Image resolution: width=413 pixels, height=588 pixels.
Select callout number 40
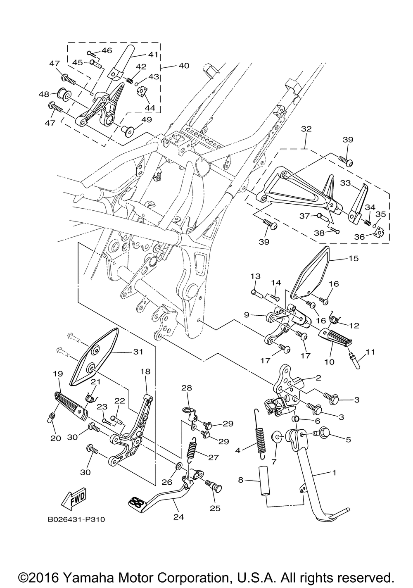tap(184, 65)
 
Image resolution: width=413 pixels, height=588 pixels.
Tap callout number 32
tap(306, 129)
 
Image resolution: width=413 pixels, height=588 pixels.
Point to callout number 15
tap(353, 258)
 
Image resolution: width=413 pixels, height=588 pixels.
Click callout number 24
tap(179, 517)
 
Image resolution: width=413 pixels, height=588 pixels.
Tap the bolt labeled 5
tap(324, 436)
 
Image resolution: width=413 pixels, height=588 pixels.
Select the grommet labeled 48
tap(63, 93)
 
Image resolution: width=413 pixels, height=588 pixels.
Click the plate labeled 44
tap(142, 92)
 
